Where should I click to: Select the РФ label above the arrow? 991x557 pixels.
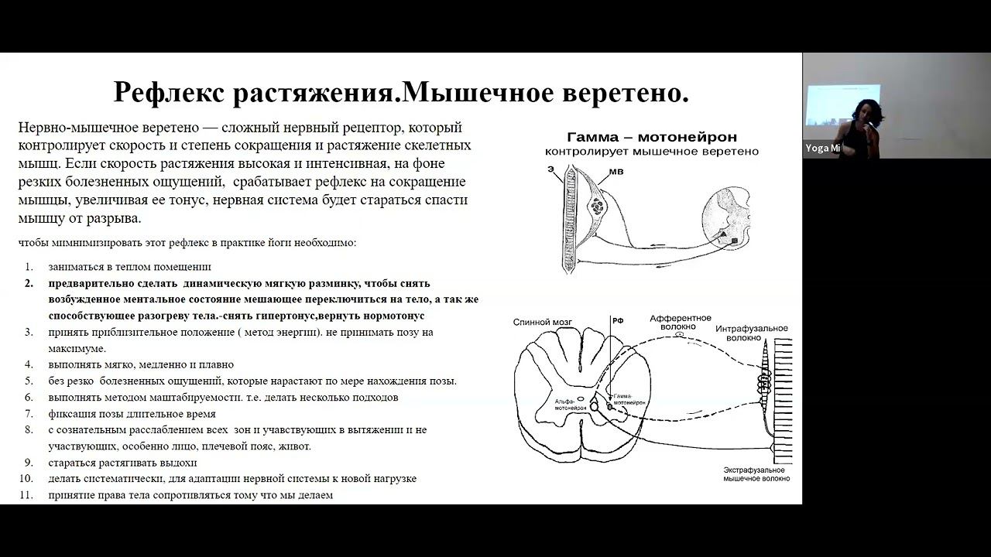617,321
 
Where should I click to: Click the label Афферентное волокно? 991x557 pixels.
681,322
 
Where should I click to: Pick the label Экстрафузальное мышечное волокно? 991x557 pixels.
756,474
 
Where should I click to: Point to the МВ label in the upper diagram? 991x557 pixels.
616,171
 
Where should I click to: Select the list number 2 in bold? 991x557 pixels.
29,283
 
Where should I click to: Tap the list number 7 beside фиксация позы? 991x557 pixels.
29,414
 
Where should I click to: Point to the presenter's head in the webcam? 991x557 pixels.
865,112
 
